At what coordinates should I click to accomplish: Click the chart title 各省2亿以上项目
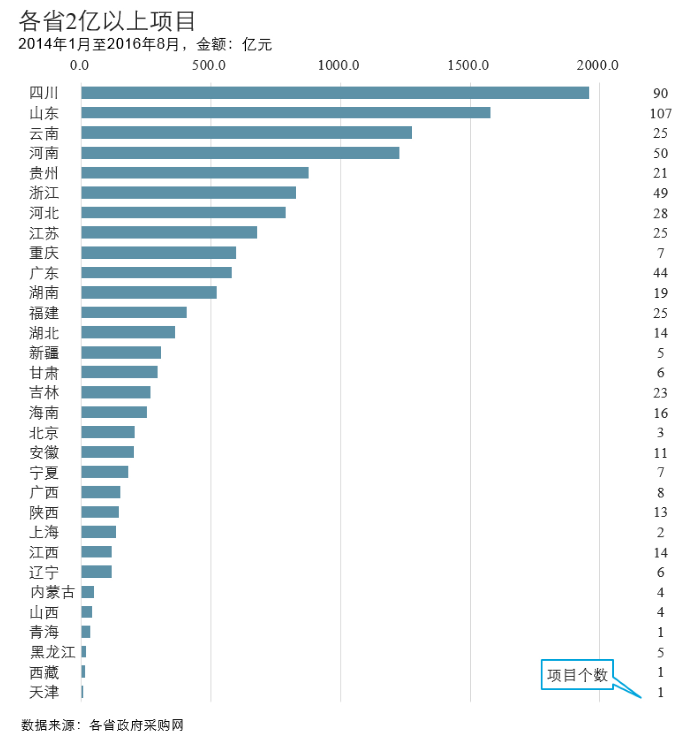pos(107,21)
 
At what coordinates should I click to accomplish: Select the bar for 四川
pos(335,93)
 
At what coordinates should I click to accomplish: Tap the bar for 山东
pos(286,113)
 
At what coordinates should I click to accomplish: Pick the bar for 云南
pos(246,133)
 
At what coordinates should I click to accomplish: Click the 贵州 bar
pos(195,173)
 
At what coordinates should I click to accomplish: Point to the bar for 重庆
pos(159,253)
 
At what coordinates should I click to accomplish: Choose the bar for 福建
pos(134,312)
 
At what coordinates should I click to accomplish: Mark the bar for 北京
pos(108,432)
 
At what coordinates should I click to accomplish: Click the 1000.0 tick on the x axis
pos(338,65)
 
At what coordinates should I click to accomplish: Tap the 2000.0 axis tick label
pos(597,65)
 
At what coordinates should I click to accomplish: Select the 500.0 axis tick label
pos(209,65)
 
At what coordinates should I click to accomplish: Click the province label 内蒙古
pos(53,592)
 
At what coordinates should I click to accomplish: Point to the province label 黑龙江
pos(53,652)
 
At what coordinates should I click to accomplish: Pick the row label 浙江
pos(44,193)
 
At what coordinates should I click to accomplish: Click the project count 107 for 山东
pos(660,113)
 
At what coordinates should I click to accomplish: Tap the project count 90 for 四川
pos(660,93)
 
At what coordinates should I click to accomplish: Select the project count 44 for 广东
pos(660,272)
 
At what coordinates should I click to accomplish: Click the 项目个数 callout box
pos(577,675)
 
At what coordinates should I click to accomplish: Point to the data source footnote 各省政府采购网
pos(136,725)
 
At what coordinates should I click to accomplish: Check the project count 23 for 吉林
pos(660,393)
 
